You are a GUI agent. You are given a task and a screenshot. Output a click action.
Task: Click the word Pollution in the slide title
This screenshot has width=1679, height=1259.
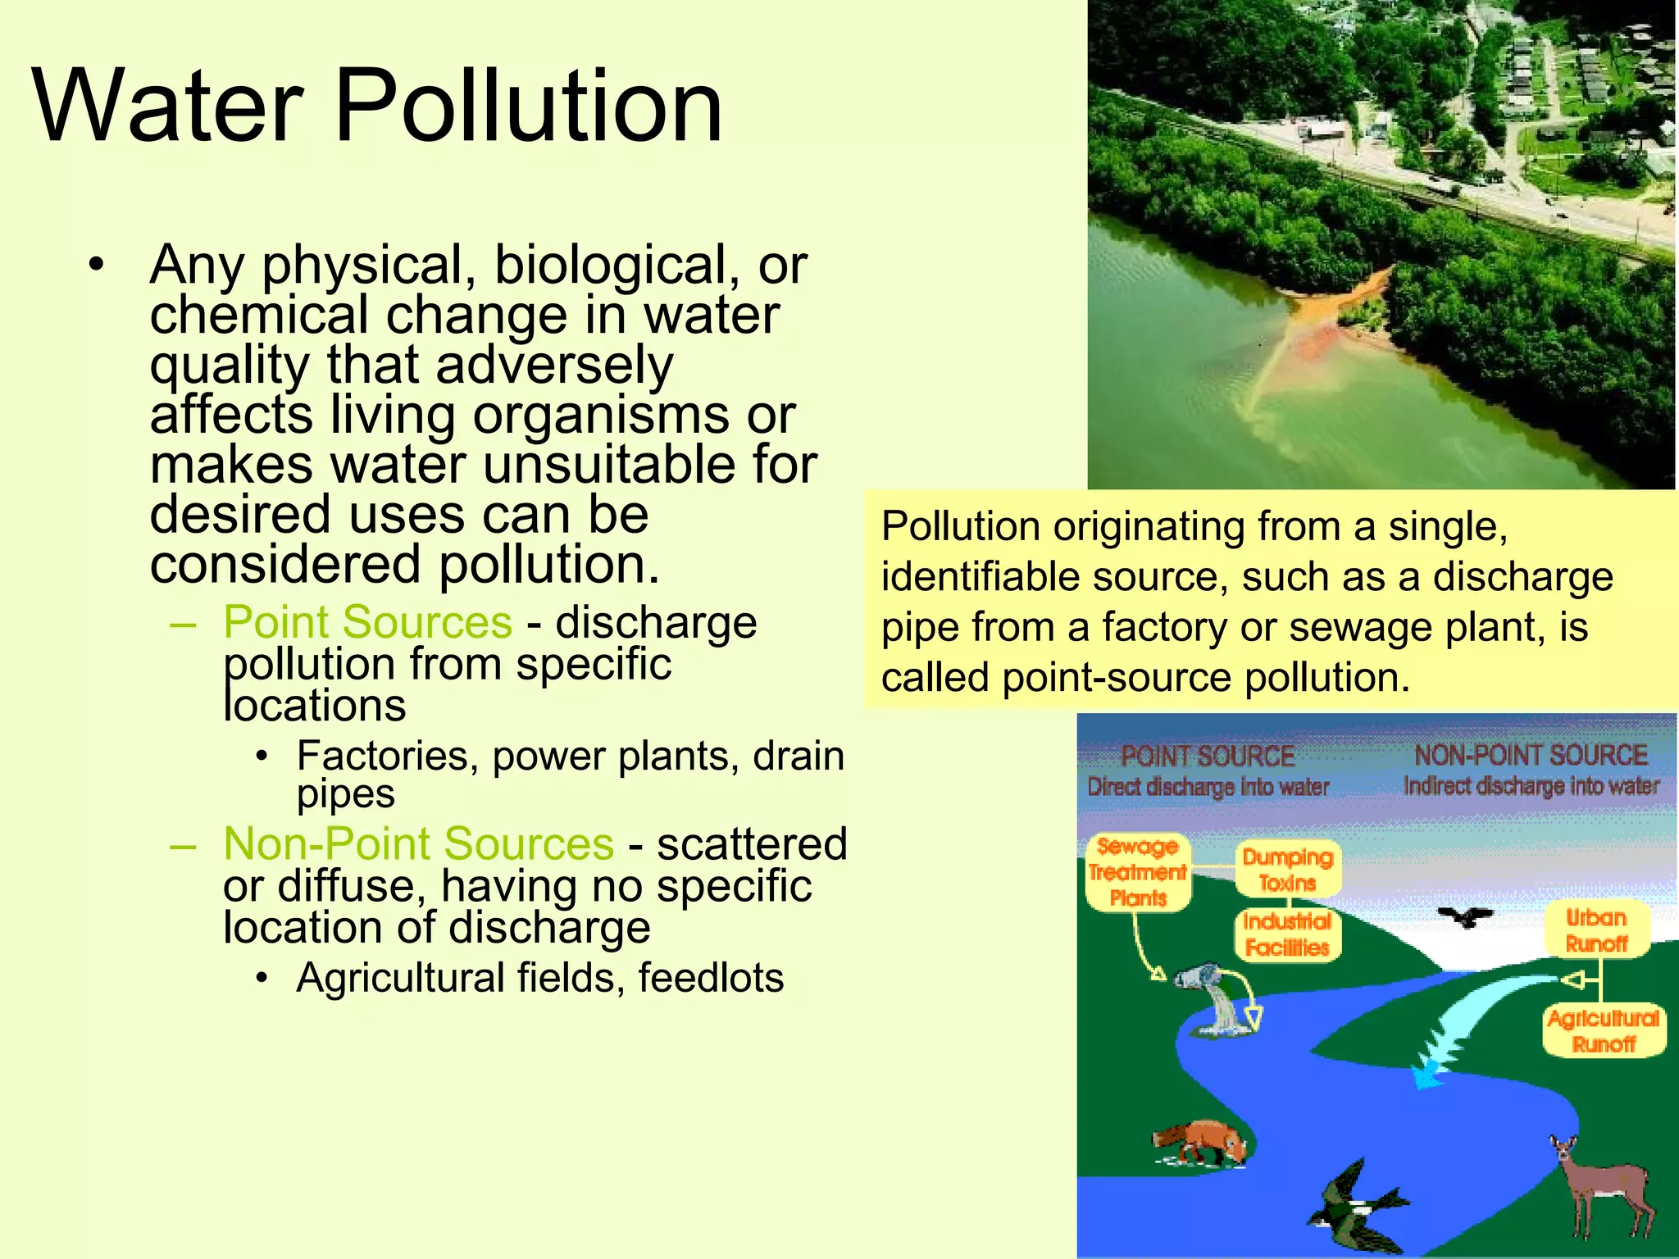tap(529, 107)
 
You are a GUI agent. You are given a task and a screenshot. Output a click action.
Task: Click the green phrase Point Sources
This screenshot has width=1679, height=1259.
tap(367, 622)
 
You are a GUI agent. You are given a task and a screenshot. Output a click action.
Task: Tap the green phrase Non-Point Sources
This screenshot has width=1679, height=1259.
tap(418, 843)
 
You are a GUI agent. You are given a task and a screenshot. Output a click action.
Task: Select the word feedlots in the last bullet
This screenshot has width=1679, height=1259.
tap(711, 978)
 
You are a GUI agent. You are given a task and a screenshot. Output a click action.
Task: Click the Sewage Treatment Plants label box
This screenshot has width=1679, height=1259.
tap(1138, 872)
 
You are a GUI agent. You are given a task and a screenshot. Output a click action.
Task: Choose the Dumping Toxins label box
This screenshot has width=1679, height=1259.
tap(1288, 870)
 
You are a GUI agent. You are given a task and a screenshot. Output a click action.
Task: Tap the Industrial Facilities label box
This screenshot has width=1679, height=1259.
tap(1287, 934)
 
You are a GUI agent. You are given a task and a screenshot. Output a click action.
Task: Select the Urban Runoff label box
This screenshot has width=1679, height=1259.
tap(1596, 930)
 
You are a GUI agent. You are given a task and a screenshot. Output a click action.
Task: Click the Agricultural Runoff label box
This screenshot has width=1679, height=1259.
tap(1604, 1031)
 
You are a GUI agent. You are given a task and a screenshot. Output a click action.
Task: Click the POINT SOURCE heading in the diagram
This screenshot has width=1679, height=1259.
tap(1208, 756)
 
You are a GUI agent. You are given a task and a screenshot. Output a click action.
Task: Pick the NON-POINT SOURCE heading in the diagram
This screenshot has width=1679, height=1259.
tap(1531, 755)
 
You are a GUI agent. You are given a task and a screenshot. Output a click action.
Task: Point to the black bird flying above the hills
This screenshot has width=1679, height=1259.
tap(1466, 916)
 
